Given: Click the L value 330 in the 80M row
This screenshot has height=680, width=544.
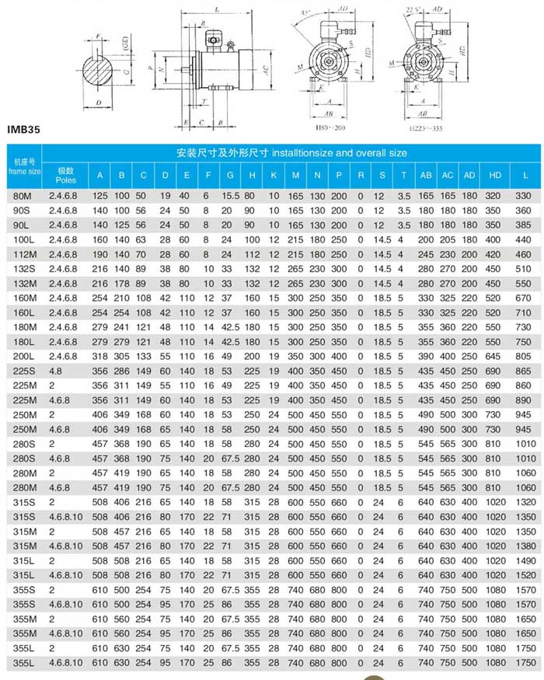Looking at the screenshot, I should (x=525, y=197).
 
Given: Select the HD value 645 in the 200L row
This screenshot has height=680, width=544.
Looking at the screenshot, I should (x=495, y=355).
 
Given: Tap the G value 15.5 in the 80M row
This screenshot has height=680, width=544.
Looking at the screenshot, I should (x=230, y=197).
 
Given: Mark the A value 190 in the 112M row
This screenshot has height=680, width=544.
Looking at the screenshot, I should (x=100, y=254).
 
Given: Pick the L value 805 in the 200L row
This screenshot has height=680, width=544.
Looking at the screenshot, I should (x=525, y=355).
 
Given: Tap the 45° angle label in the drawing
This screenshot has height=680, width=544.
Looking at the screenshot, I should (x=305, y=13).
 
